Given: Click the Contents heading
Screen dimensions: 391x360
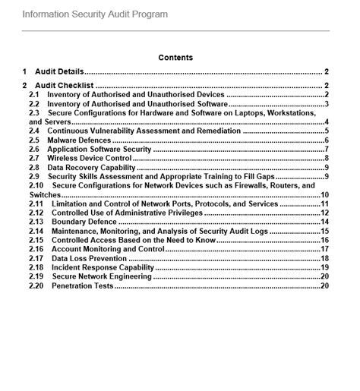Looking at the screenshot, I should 175,57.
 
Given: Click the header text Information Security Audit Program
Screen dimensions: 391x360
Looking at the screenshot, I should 95,14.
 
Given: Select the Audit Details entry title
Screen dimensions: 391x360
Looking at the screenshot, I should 61,71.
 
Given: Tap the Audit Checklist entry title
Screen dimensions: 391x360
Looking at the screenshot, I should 65,85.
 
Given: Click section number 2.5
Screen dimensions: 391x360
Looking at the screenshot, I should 34,140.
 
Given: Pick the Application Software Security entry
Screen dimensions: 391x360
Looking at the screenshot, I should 99,150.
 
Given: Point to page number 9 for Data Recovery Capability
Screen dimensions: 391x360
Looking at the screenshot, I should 326,168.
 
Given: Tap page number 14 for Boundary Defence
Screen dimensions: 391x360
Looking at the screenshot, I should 324,222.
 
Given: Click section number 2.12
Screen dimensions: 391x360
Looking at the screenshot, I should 36,213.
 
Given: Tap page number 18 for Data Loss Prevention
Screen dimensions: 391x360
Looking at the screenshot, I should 324,259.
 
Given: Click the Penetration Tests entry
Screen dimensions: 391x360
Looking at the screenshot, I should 81,286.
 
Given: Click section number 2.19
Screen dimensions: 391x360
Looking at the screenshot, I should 36,277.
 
